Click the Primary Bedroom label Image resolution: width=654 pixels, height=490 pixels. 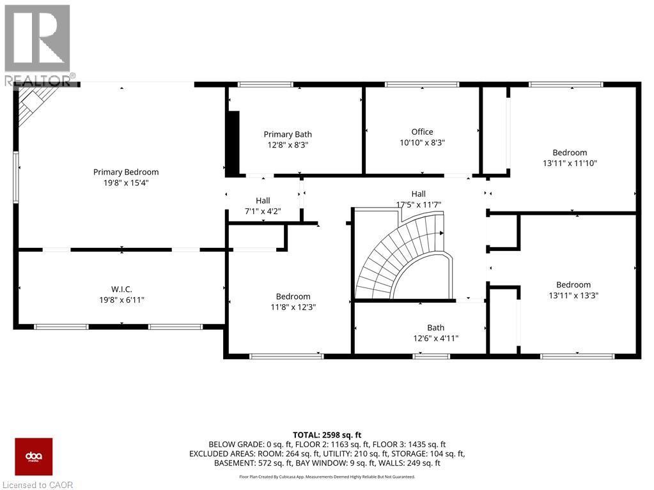pyautogui.click(x=126, y=172)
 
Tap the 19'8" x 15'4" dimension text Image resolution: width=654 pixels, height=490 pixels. pyautogui.click(x=126, y=183)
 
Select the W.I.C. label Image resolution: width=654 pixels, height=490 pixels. pyautogui.click(x=121, y=289)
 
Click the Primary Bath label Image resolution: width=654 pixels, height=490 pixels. pyautogui.click(x=288, y=134)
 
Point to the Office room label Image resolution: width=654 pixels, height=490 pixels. pyautogui.click(x=422, y=132)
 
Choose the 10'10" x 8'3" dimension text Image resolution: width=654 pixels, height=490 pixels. pyautogui.click(x=422, y=143)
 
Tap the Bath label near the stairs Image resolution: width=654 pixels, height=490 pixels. pyautogui.click(x=435, y=328)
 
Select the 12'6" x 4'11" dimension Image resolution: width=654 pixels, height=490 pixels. pyautogui.click(x=435, y=339)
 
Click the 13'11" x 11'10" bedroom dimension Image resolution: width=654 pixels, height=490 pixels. pyautogui.click(x=570, y=164)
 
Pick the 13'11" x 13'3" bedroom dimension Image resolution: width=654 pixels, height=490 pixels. pyautogui.click(x=573, y=296)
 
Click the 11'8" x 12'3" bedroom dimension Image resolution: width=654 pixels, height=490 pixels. pyautogui.click(x=293, y=307)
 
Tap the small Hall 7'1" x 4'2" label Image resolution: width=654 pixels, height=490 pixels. pyautogui.click(x=262, y=206)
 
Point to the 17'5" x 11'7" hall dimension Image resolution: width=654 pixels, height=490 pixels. pyautogui.click(x=419, y=204)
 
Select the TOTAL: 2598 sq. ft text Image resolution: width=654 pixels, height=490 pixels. pyautogui.click(x=327, y=433)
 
